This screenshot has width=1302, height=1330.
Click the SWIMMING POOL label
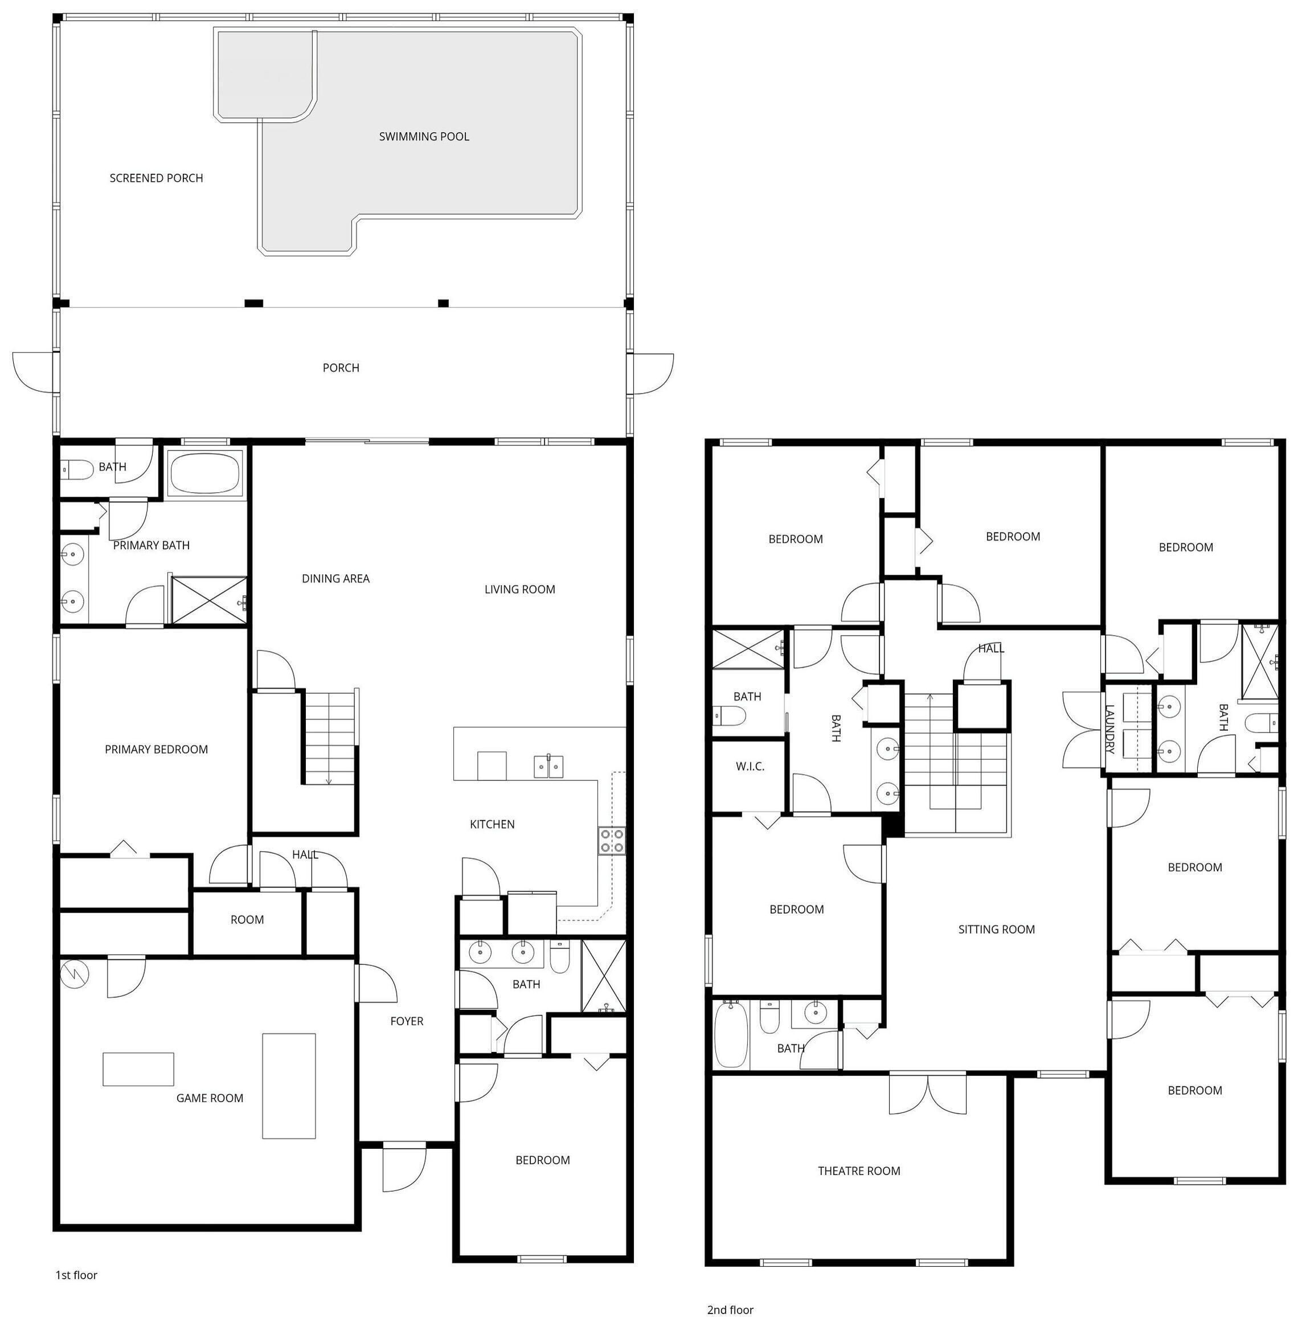pyautogui.click(x=424, y=137)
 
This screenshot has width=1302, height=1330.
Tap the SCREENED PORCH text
pyautogui.click(x=157, y=178)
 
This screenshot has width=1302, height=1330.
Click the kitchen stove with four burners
pyautogui.click(x=612, y=840)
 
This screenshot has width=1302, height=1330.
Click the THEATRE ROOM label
pyautogui.click(x=859, y=1171)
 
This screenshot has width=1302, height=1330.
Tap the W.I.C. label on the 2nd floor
pyautogui.click(x=750, y=767)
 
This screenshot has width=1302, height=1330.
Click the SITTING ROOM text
pyautogui.click(x=996, y=929)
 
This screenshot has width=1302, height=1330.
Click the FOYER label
pyautogui.click(x=407, y=1021)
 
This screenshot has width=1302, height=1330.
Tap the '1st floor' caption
pyautogui.click(x=76, y=1275)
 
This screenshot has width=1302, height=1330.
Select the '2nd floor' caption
pyautogui.click(x=730, y=1310)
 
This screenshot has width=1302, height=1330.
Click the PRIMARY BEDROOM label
pyautogui.click(x=157, y=750)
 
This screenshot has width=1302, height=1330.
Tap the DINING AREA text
pyautogui.click(x=336, y=579)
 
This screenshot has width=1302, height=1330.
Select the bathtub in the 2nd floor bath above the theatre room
pyautogui.click(x=731, y=1034)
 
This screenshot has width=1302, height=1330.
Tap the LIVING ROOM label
pyautogui.click(x=519, y=590)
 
